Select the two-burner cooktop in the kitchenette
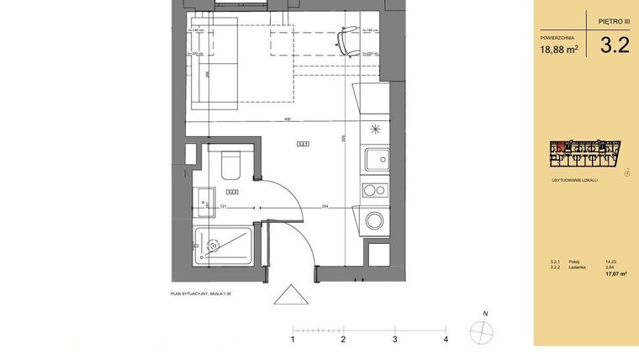(x=376, y=191)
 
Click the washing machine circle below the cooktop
(x=375, y=222)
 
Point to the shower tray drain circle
(x=213, y=246)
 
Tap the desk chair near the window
(x=346, y=36)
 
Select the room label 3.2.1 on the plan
(x=304, y=145)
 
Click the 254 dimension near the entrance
(x=324, y=205)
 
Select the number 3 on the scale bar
(x=394, y=340)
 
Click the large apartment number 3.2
(x=614, y=46)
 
